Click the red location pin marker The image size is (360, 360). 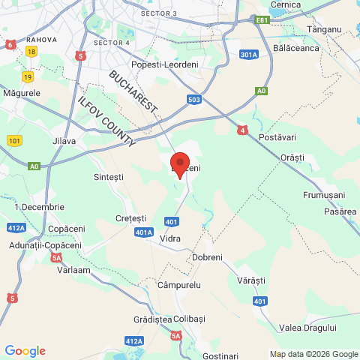click(180, 163)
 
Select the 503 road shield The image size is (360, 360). click(194, 99)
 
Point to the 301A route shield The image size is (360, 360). click(250, 55)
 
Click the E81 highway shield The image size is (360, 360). click(261, 20)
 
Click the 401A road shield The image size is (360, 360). click(145, 232)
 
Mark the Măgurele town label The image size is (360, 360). click(21, 93)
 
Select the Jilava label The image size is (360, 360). click(64, 141)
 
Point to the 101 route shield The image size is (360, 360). click(14, 140)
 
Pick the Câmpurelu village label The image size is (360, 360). click(180, 286)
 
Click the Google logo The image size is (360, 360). click(25, 351)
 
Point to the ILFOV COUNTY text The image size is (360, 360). click(106, 122)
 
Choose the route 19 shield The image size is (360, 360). click(28, 76)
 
